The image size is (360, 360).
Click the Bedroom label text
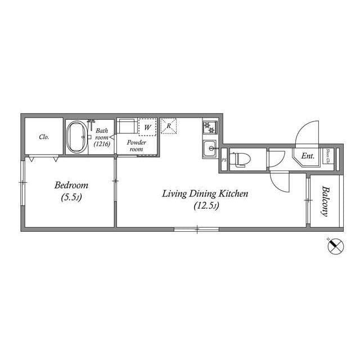click(71, 185)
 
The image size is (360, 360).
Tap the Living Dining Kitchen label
click(205, 194)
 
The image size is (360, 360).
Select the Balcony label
click(325, 201)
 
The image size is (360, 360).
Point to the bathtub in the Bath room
click(76, 137)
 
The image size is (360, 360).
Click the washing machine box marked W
click(146, 127)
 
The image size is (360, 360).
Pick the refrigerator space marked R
click(169, 125)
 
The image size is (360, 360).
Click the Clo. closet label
click(44, 137)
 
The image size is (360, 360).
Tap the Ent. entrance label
click(308, 156)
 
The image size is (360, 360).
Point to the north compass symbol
click(336, 245)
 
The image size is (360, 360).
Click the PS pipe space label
click(224, 160)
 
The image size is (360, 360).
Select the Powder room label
click(137, 146)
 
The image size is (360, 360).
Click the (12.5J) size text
click(205, 206)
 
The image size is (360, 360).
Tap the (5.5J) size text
click(71, 197)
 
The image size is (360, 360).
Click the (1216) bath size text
click(102, 144)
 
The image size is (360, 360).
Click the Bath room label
click(102, 134)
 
